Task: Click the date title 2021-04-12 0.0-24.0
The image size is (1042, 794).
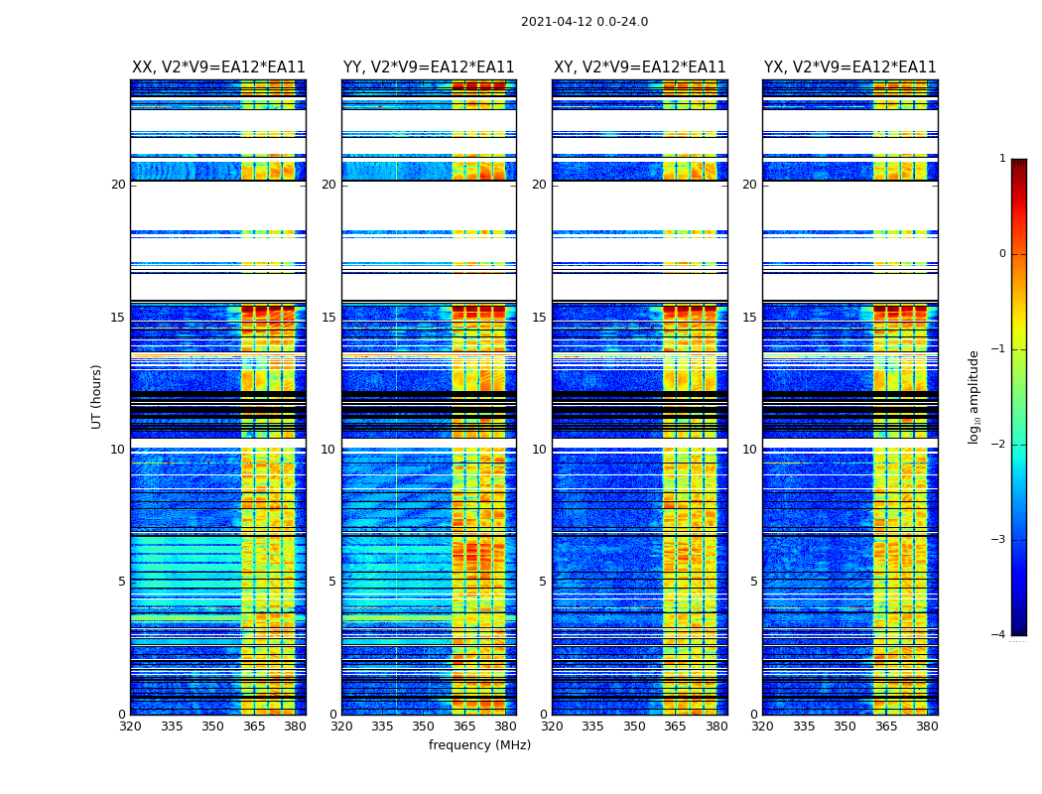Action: (585, 22)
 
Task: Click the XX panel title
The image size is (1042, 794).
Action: (218, 67)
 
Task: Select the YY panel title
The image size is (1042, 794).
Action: (429, 67)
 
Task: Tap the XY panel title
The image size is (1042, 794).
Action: (640, 67)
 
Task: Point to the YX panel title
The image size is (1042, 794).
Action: (850, 67)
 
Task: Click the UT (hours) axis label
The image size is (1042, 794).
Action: (97, 396)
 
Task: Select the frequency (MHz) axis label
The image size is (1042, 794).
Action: (479, 745)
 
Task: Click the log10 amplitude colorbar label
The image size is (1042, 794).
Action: (975, 396)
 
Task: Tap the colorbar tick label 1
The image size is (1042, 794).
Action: (1002, 159)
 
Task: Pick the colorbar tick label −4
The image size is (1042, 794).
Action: (1000, 635)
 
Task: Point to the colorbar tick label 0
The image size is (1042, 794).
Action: (1002, 254)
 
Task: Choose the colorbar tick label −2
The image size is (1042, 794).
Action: (1000, 445)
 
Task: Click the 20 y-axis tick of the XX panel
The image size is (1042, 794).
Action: (118, 185)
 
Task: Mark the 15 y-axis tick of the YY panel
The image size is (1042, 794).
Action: (328, 318)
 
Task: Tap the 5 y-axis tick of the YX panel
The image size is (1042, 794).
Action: (753, 582)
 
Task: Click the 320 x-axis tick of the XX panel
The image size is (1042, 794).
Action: (130, 727)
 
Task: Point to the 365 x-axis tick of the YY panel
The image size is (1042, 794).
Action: (464, 727)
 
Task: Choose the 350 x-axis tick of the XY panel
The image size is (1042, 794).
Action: (634, 727)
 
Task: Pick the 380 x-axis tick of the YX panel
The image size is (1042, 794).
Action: (927, 727)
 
